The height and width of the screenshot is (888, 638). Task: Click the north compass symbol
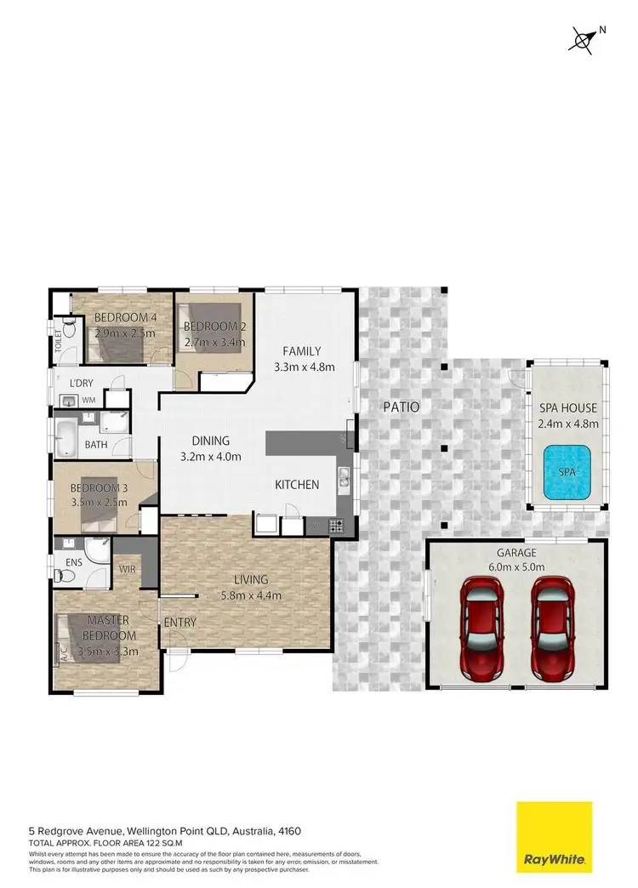coord(584,37)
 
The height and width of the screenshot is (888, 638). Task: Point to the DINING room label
coord(210,441)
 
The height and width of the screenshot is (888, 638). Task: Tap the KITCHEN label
coord(296,485)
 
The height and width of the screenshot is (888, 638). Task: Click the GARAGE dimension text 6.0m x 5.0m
coord(516,566)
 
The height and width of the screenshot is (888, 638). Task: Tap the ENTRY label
coord(180,623)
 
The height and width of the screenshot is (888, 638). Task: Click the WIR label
coord(128,569)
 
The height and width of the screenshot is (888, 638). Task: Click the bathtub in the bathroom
coord(67,436)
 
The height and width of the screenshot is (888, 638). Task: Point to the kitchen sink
coord(344,481)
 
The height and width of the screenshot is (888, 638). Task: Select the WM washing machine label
coord(88,400)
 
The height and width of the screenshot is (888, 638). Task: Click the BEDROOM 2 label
coord(214,327)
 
